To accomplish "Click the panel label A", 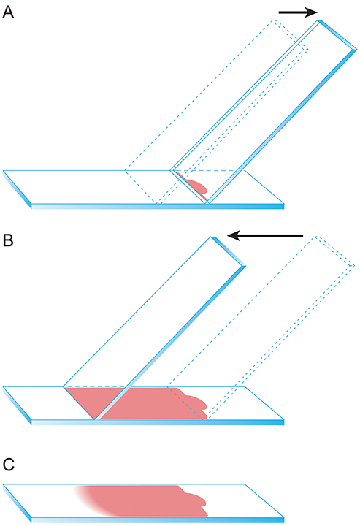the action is coord(8,12).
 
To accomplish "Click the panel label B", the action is coord(8,240).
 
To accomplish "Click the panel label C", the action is coord(8,465).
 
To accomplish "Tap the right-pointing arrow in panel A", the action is coord(298,12).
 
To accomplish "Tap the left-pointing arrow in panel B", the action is coord(265,235).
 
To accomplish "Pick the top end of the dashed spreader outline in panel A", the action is coord(291,35).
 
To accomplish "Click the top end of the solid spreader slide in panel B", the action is coord(228,251).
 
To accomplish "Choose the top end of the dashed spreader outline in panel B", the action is coord(334,251).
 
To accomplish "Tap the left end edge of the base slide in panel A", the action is coord(17,189).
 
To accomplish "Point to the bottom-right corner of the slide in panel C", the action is coord(284,518).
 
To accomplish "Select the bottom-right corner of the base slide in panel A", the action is coord(284,204).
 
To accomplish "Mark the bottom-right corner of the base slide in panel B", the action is coord(284,420).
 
